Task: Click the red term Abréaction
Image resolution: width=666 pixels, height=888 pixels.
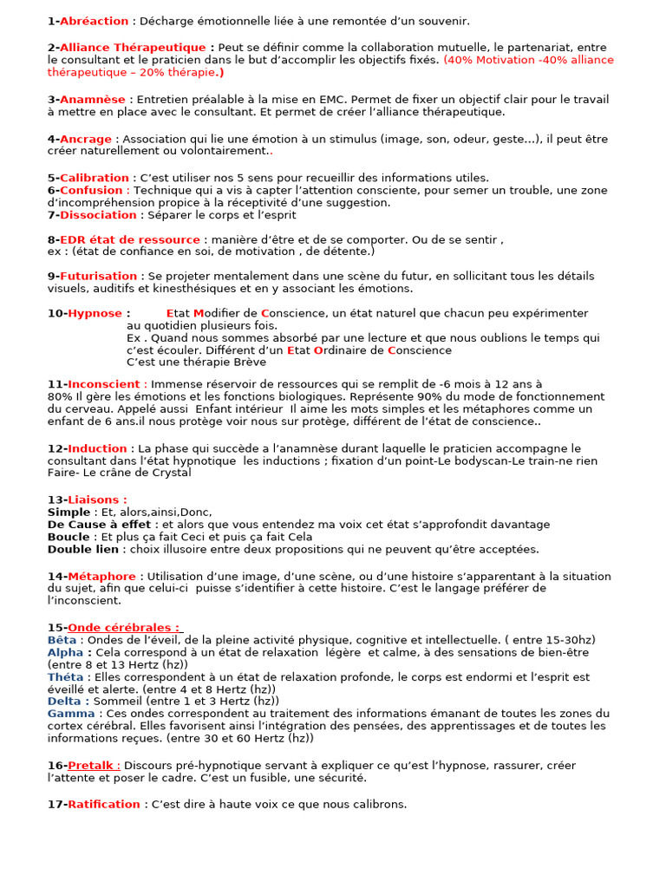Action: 94,21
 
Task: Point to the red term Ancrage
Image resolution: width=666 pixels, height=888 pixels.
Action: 86,139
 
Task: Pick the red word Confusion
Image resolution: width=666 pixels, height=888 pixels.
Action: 92,190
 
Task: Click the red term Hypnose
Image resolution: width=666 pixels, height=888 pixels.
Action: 95,313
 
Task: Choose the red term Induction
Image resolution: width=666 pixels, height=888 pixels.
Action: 97,448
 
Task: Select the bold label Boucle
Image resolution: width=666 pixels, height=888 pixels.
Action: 69,537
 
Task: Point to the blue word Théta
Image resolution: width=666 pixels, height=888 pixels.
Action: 66,677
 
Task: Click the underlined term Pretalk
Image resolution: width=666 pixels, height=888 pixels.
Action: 93,766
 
